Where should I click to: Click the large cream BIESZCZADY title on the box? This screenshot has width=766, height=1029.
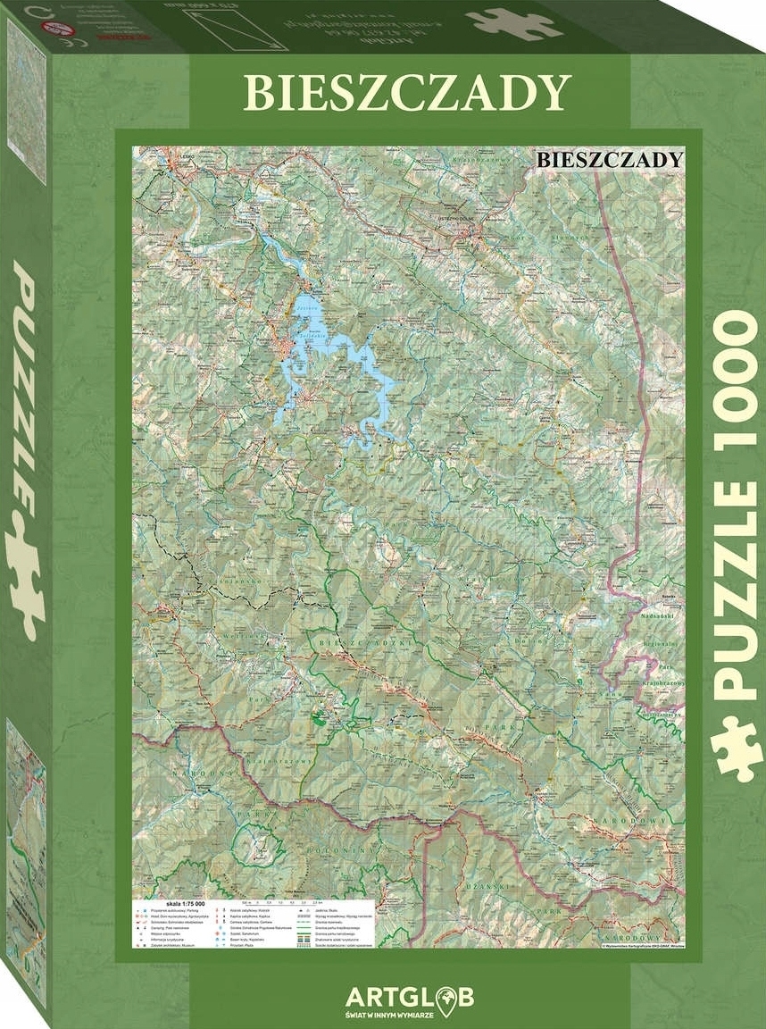(407, 92)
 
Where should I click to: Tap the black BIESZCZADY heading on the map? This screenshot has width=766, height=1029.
(611, 159)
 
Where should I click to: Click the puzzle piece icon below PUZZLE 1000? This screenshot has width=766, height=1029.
(737, 749)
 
